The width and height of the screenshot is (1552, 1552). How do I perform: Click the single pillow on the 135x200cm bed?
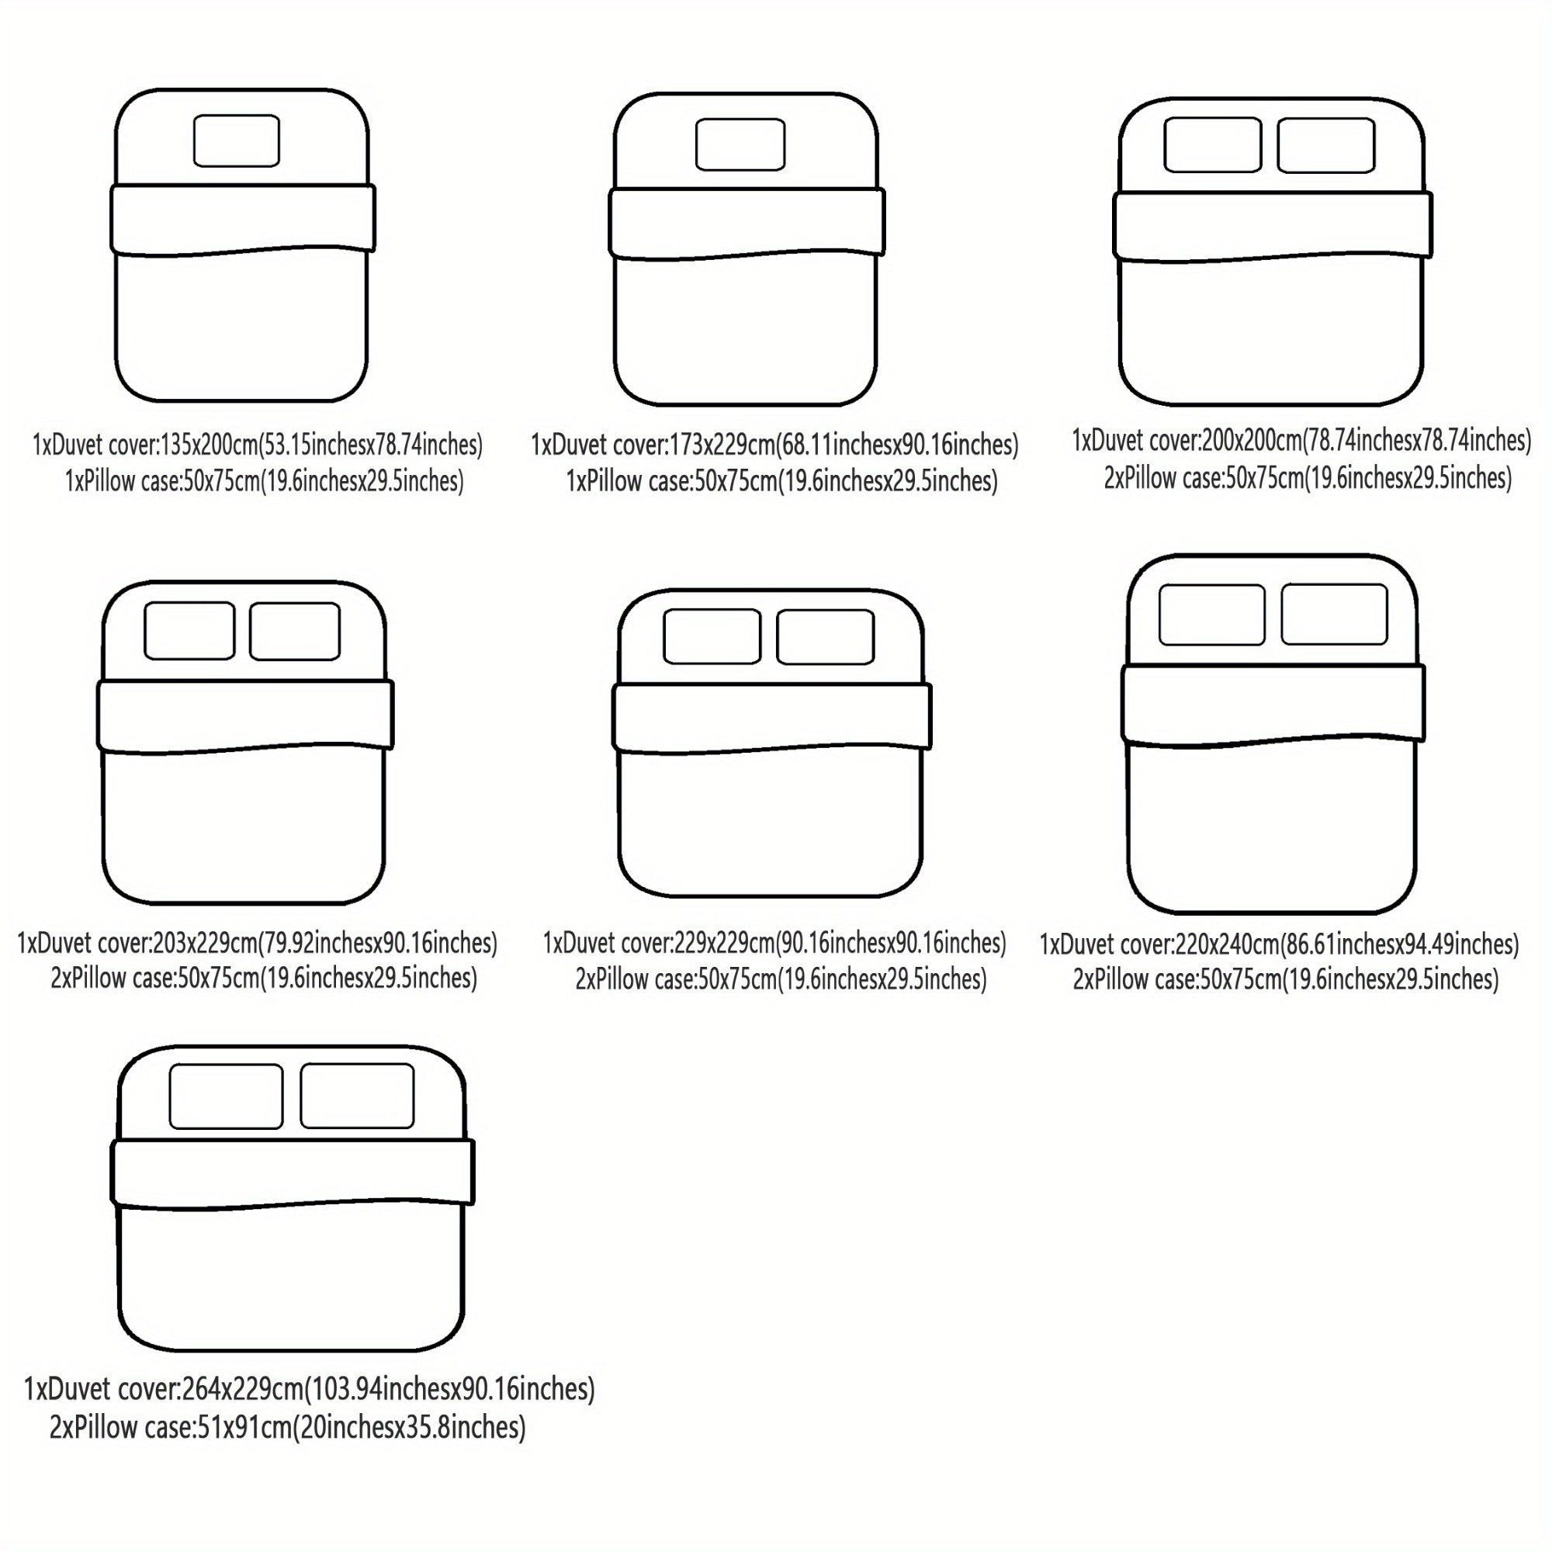tap(236, 140)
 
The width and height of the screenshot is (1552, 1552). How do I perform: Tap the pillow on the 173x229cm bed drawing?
tap(740, 144)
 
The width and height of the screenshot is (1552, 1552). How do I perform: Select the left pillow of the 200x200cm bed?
tap(1212, 144)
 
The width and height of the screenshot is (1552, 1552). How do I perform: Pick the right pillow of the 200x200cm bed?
tap(1326, 144)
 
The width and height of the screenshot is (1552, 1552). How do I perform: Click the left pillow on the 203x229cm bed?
tap(189, 631)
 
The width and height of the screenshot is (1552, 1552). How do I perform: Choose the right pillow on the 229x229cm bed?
tap(826, 637)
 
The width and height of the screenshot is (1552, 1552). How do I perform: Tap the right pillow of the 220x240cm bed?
tap(1334, 614)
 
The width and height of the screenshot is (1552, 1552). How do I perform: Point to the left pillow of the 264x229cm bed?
tap(226, 1096)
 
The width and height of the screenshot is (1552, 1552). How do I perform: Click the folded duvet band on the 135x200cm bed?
tap(243, 220)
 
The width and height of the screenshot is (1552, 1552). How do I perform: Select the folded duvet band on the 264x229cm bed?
tap(293, 1173)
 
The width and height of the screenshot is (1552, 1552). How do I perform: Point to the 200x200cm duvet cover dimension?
tap(1251, 440)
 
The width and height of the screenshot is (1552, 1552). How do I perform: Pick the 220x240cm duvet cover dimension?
tap(1228, 944)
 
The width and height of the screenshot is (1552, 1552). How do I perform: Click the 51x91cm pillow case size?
tap(243, 1428)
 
